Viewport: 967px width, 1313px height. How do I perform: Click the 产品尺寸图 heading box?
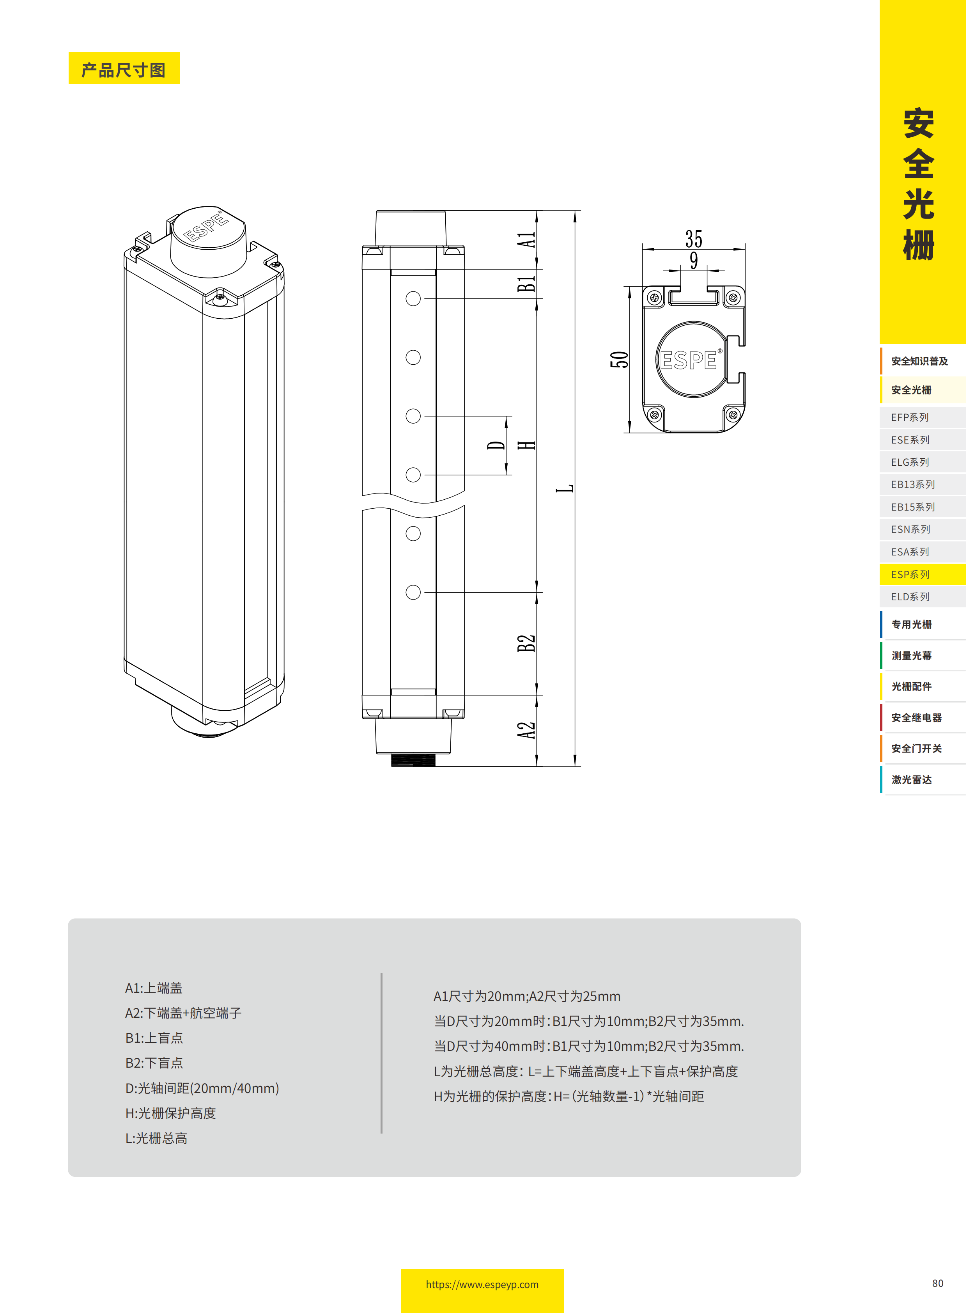[x=124, y=69]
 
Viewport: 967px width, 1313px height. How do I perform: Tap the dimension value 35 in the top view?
[x=694, y=239]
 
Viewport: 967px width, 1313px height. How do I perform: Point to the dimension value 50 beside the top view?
[x=619, y=360]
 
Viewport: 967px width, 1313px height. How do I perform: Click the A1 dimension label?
[x=526, y=240]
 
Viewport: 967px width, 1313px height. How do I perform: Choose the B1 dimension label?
[x=526, y=284]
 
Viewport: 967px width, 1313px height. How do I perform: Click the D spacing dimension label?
[x=496, y=445]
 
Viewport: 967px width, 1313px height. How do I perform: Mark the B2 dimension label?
[x=526, y=643]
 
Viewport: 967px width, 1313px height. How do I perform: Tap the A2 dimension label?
[x=526, y=730]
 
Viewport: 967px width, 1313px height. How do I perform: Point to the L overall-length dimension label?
[x=565, y=488]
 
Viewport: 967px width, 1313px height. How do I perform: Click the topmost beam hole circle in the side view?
[x=413, y=299]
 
